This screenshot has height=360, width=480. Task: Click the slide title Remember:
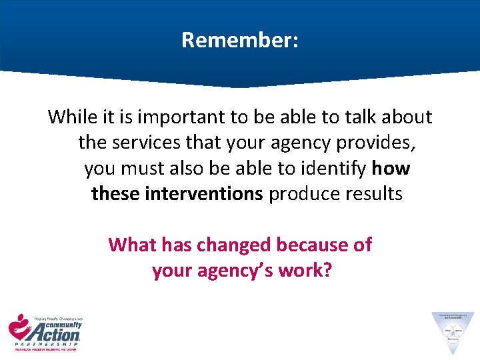(x=240, y=41)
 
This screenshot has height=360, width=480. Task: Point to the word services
(x=151, y=143)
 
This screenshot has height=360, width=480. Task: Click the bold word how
(x=391, y=168)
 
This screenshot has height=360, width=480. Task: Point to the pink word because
(x=314, y=245)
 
